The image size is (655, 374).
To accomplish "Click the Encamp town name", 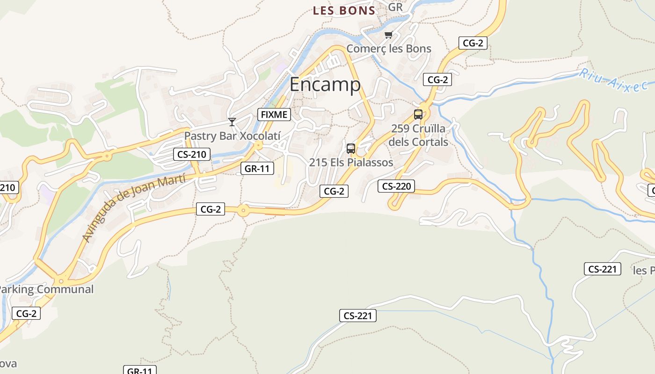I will click(325, 85).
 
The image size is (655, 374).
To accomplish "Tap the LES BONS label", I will click(344, 10).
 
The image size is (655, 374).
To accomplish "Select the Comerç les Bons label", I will click(389, 49).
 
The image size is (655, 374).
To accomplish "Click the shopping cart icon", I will click(388, 35).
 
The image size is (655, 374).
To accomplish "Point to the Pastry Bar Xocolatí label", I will click(232, 136).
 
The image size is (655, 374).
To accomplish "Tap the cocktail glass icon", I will click(232, 122).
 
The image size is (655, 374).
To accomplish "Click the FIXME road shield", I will click(274, 114).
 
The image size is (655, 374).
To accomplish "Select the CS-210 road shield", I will click(192, 154).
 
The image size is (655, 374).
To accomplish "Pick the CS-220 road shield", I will click(396, 186).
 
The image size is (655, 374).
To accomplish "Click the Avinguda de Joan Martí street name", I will click(134, 207).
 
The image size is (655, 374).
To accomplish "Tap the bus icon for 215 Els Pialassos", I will click(350, 149).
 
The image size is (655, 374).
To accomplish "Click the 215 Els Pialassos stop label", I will click(351, 162).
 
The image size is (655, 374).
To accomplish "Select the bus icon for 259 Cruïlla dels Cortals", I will click(418, 114).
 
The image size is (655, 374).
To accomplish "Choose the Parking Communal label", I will click(46, 289).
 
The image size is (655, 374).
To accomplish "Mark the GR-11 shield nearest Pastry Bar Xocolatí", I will click(257, 168).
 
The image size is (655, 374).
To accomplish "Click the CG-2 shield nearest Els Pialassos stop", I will click(334, 191).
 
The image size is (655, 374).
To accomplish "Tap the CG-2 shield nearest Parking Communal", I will click(26, 313).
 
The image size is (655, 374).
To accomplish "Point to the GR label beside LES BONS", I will click(395, 7).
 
